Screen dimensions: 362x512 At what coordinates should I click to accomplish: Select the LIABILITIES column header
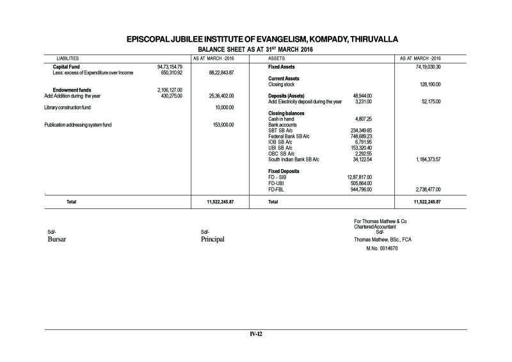pos(64,58)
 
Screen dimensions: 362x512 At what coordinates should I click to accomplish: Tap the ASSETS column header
pos(276,58)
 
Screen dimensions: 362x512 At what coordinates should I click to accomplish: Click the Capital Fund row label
pos(66,67)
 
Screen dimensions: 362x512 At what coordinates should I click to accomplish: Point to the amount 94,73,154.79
pos(170,67)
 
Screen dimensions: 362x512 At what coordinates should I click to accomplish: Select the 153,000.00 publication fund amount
pos(223,124)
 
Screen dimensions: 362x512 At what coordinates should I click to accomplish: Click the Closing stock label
pos(282,84)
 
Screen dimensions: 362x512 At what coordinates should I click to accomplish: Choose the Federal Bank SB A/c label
pos(289,136)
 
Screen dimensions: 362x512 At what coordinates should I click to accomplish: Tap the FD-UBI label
pos(276,183)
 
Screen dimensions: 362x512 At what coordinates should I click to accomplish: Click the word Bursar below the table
pos(57,239)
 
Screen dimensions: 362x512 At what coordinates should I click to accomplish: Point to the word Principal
pos(213,239)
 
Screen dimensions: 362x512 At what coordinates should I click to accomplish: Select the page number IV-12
pos(256,334)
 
